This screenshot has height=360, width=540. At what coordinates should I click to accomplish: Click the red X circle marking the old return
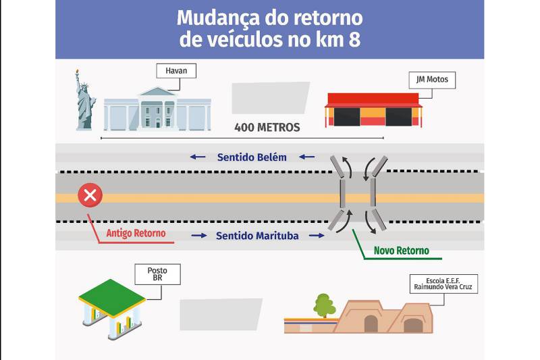click(90, 195)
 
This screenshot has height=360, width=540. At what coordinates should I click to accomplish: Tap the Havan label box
click(176, 71)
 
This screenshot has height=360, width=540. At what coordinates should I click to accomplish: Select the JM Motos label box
click(432, 80)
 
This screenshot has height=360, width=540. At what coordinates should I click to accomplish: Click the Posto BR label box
click(157, 274)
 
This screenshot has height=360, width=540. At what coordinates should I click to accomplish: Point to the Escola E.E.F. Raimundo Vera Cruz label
click(443, 284)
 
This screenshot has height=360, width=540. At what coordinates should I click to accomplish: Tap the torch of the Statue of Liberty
click(77, 73)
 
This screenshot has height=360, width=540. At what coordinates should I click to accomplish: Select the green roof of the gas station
click(112, 297)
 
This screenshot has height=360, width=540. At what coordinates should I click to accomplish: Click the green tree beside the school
click(324, 305)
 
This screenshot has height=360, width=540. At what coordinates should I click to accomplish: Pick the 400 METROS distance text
click(267, 128)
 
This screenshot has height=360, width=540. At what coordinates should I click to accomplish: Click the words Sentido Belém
click(252, 157)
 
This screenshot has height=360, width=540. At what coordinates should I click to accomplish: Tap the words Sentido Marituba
click(257, 236)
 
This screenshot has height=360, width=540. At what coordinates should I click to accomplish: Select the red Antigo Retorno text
click(136, 233)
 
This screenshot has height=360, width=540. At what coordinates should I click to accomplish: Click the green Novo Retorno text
click(402, 251)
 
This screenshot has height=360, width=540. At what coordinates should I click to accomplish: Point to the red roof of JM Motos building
click(373, 99)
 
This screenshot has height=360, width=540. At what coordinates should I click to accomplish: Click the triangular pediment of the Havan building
click(158, 91)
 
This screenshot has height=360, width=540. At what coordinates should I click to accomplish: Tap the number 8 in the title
click(355, 40)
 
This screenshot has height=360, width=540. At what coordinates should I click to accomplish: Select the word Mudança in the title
click(217, 18)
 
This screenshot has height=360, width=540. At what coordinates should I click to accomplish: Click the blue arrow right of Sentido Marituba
click(317, 236)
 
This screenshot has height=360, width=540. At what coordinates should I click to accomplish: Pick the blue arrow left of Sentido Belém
click(198, 157)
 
